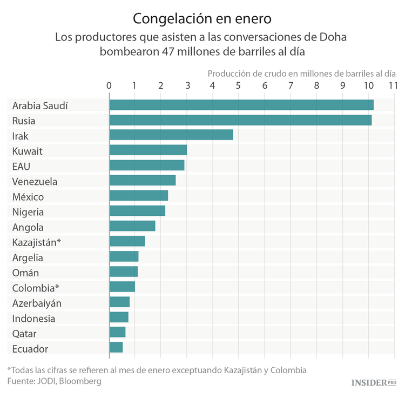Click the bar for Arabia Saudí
pos(241,105)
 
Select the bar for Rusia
pos(240,120)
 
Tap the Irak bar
pos(171,135)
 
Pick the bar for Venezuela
pos(143,181)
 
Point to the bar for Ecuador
pos(116,348)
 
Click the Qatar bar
pos(118,333)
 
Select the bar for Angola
pos(132,227)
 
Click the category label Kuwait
pos(27,151)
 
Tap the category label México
pos(28,197)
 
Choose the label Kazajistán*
pos(36,242)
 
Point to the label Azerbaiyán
pos(37,303)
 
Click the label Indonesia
pos(33,319)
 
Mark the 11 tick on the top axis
pos(393,85)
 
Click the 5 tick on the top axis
pos(239,85)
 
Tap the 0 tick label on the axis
pos(109,85)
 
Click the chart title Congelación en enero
pos(202,19)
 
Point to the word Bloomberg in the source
pos(80,381)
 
